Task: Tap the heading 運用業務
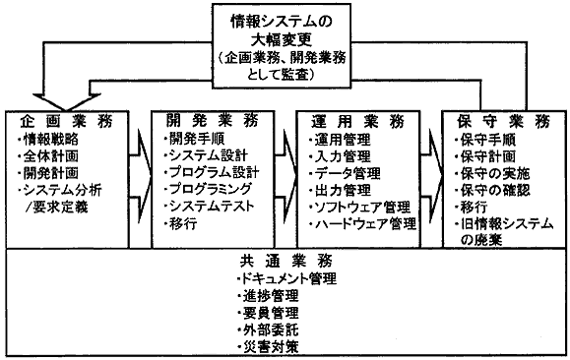coord(351,121)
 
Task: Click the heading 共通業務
coord(285,262)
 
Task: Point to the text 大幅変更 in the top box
coord(285,40)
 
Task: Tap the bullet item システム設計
coord(208,155)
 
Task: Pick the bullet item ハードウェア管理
coord(361,224)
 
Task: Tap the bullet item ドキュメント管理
coord(287,278)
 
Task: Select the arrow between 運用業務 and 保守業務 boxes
coord(434,172)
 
